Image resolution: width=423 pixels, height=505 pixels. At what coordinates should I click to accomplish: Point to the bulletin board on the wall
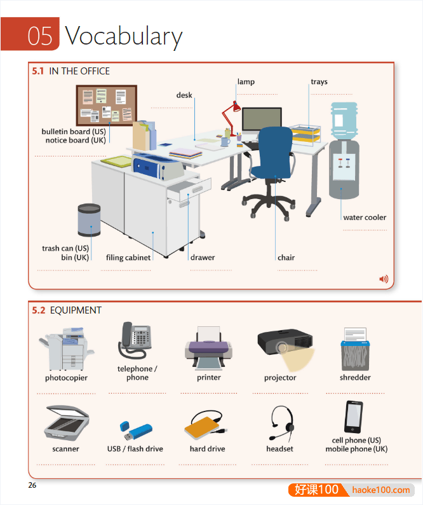pyautogui.click(x=106, y=105)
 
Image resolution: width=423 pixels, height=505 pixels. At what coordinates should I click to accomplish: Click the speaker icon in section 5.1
pyautogui.click(x=383, y=279)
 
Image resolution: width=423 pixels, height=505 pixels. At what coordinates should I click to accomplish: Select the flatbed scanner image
pyautogui.click(x=66, y=421)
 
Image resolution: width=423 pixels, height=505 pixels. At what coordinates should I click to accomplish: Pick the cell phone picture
pyautogui.click(x=354, y=417)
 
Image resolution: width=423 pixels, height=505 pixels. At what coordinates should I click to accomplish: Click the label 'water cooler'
pyautogui.click(x=365, y=218)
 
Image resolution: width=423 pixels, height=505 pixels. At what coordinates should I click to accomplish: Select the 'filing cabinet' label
pyautogui.click(x=129, y=258)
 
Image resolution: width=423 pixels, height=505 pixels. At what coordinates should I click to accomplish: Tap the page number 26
pyautogui.click(x=32, y=486)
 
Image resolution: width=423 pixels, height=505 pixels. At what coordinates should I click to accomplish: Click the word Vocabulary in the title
pyautogui.click(x=123, y=36)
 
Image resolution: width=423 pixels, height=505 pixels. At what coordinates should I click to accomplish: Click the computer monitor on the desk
pyautogui.click(x=262, y=120)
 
